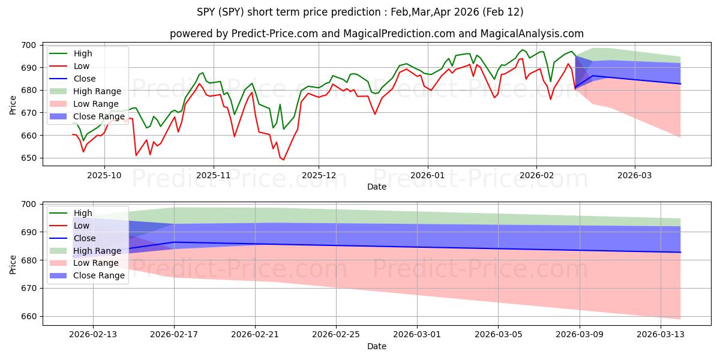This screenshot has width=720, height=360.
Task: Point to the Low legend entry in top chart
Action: coord(82,66)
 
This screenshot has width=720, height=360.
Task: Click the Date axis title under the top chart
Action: coord(377,187)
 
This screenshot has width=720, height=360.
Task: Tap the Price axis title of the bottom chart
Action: coord(13,264)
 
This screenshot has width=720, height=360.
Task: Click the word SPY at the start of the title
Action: coord(206,12)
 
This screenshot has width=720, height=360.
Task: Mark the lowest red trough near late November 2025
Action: coord(283,160)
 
